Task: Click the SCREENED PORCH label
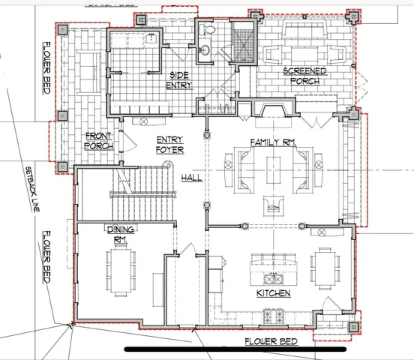click(x=305, y=76)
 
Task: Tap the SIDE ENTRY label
click(x=179, y=80)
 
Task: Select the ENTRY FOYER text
click(x=169, y=145)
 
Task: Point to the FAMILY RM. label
click(x=273, y=142)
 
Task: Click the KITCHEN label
click(x=274, y=293)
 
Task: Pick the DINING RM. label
click(x=121, y=234)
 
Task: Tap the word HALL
click(x=192, y=178)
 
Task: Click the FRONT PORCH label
click(x=99, y=141)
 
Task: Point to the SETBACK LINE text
click(x=32, y=189)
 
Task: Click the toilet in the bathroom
click(x=207, y=29)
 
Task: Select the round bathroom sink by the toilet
click(x=205, y=49)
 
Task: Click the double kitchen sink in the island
click(x=274, y=279)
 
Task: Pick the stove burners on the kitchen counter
click(x=274, y=316)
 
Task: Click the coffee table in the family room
click(x=273, y=170)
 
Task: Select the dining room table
click(x=121, y=271)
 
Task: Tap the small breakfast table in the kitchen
click(x=325, y=268)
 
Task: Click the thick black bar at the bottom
click(x=235, y=349)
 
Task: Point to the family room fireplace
click(x=274, y=108)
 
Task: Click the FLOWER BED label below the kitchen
click(x=271, y=341)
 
